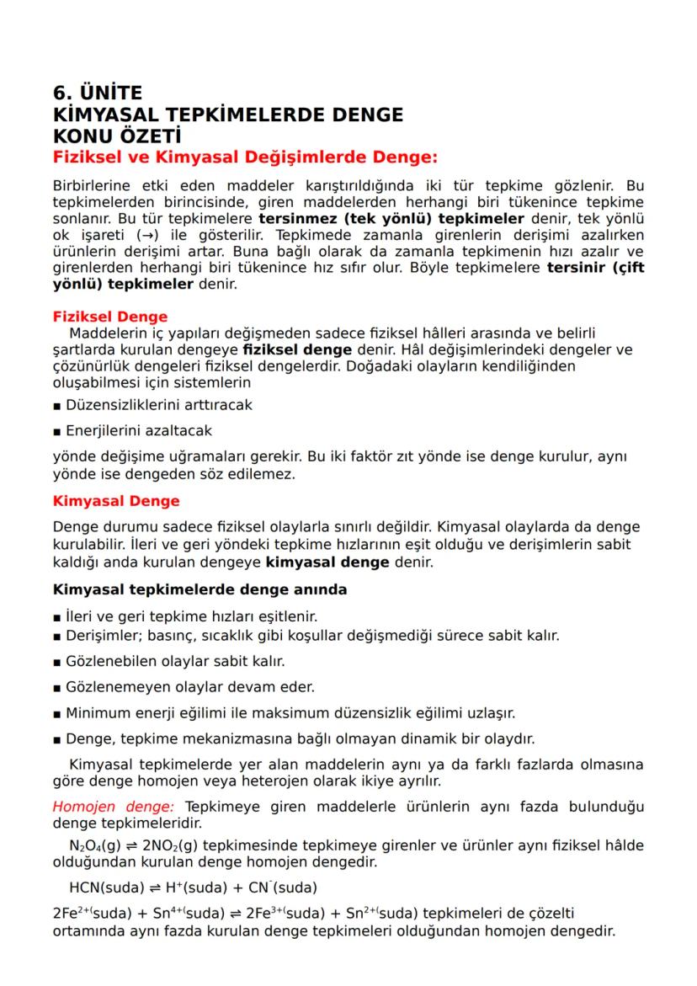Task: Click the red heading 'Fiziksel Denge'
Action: pos(110,317)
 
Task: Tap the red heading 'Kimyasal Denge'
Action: pos(116,501)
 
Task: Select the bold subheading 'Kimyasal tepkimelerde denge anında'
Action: pos(200,589)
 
